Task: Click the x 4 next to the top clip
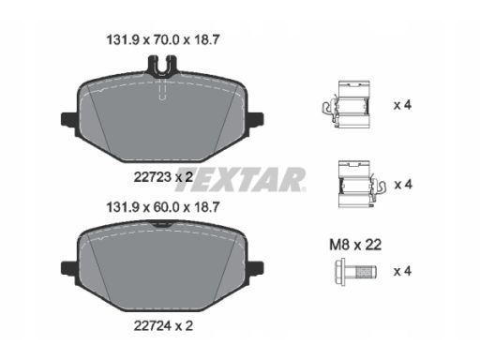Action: click(402, 105)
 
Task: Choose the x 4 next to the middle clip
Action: click(402, 184)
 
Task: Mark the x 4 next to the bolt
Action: click(402, 272)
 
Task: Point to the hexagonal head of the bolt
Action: click(340, 272)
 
